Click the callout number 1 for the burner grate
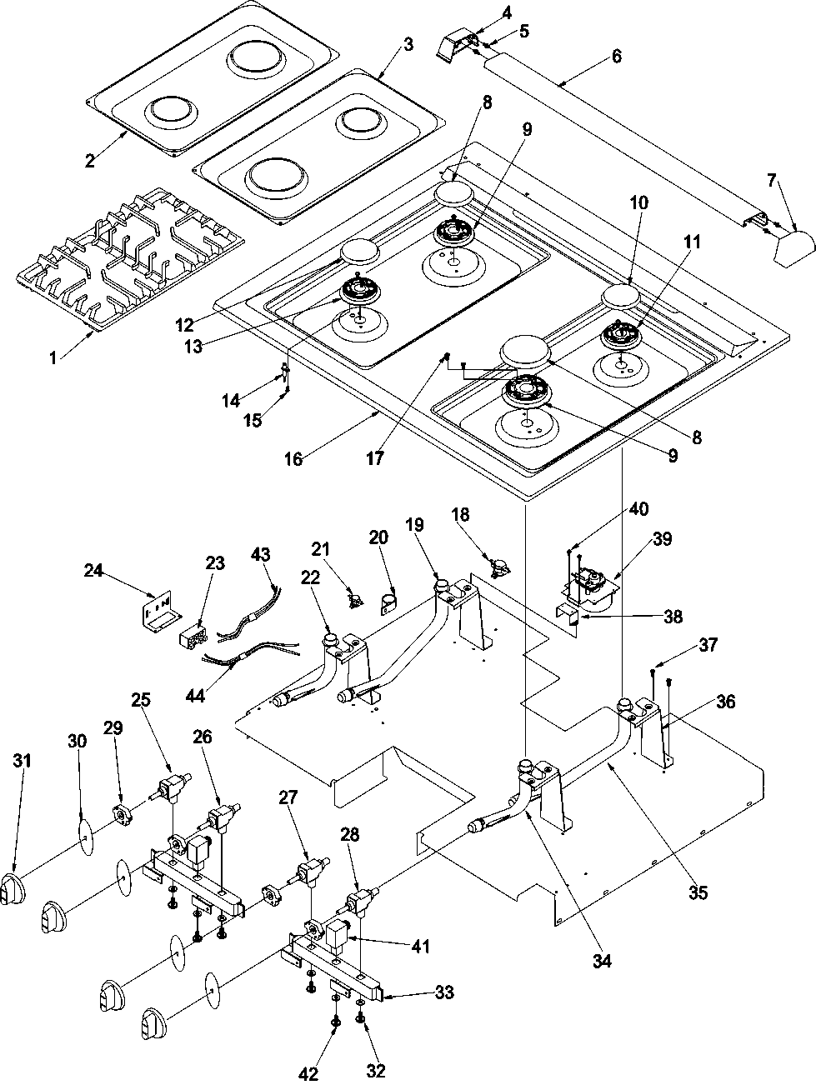(x=53, y=358)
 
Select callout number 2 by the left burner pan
(x=90, y=161)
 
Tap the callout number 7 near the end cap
(x=771, y=179)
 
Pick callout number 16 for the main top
(x=293, y=457)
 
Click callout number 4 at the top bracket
(x=484, y=12)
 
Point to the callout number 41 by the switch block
(x=419, y=946)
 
